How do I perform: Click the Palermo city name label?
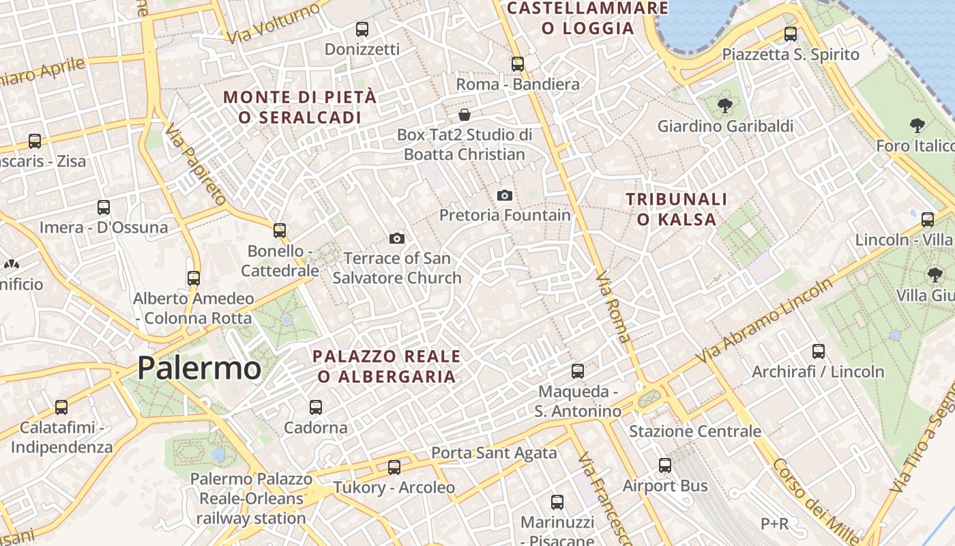pos(199,368)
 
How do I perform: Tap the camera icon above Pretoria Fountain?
pos(504,196)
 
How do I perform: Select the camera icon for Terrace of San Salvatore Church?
pos(396,238)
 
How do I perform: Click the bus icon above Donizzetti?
pos(362,29)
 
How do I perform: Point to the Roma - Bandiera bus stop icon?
pos(518,64)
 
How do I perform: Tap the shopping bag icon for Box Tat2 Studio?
pos(465,114)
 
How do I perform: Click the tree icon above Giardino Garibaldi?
pos(724,106)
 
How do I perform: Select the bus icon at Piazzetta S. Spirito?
pos(791,33)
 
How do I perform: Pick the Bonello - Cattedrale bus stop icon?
pos(280,231)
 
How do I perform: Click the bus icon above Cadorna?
pos(315,407)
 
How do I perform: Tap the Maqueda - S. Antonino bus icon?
pos(578,371)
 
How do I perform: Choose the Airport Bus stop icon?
pos(665,465)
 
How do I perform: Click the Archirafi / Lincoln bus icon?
pos(818,351)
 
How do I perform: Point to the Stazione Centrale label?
pos(694,431)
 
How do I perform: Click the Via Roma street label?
pos(613,307)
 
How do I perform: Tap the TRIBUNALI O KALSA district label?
pos(677,209)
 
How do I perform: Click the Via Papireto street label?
pos(195,166)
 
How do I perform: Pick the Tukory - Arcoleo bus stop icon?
pos(394,468)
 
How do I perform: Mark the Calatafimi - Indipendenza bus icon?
pos(61,407)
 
